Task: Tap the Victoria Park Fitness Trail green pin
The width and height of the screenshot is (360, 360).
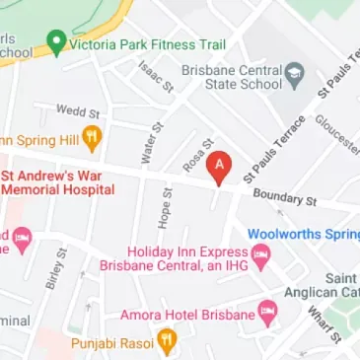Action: click(56, 43)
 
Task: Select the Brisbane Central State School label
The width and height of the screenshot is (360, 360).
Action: click(232, 78)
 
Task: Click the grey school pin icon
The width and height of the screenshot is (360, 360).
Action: click(294, 75)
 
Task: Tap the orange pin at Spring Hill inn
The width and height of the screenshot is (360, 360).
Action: click(92, 137)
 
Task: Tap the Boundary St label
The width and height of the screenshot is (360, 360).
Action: click(284, 197)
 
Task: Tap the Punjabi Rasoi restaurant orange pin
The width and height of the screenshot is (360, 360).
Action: click(167, 342)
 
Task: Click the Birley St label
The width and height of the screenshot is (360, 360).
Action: click(55, 268)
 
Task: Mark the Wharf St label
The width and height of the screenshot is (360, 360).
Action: click(323, 321)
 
